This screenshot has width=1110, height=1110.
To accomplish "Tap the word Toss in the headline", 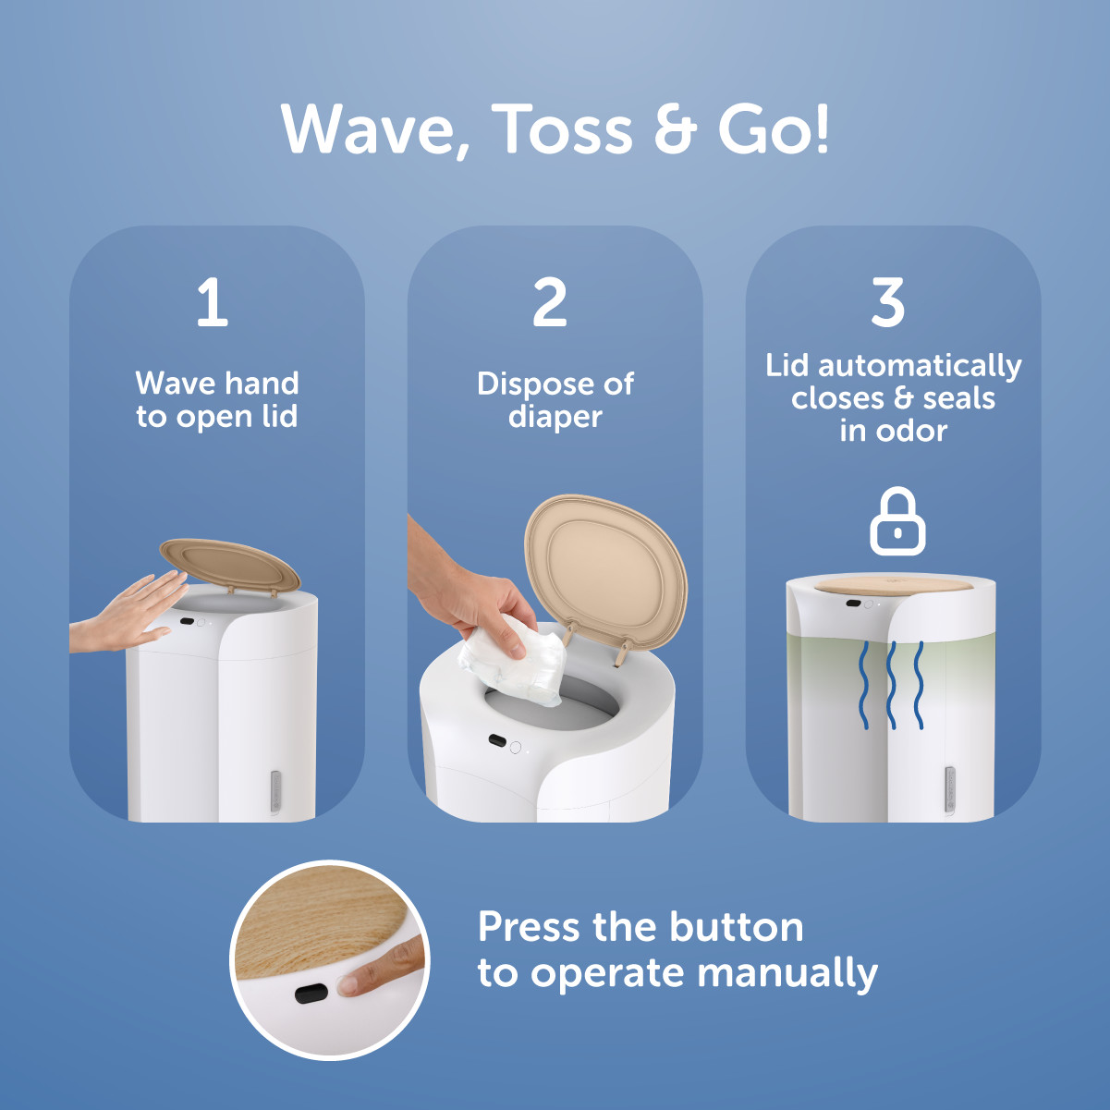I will click(x=564, y=128).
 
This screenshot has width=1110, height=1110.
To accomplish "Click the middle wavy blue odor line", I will click(x=892, y=684).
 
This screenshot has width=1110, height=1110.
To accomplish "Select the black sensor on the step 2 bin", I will click(x=497, y=741).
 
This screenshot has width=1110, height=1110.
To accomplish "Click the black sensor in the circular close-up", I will click(x=311, y=994).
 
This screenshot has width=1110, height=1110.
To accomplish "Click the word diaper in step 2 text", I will click(x=555, y=417).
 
